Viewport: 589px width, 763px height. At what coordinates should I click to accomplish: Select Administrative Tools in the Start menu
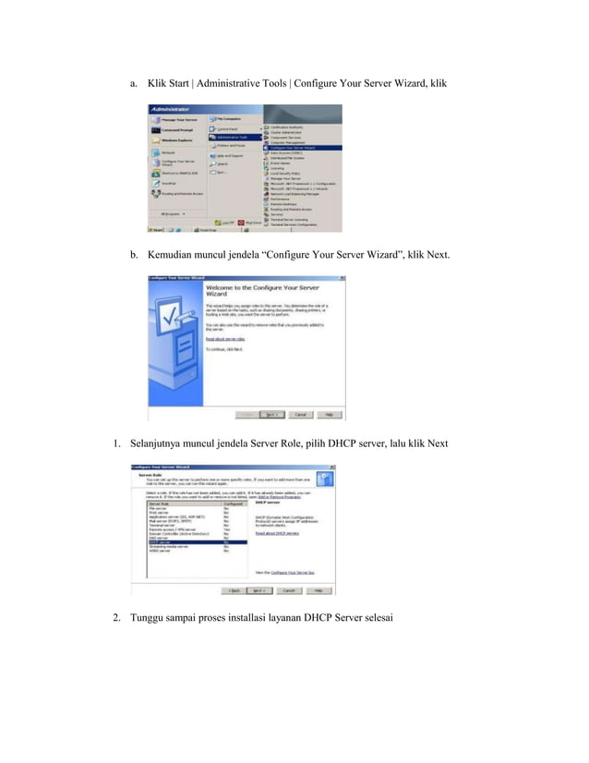[233, 137]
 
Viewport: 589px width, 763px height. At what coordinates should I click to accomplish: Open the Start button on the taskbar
[158, 228]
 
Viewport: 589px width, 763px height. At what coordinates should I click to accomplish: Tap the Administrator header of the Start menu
[171, 109]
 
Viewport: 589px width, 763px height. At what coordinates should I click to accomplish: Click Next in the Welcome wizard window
[272, 415]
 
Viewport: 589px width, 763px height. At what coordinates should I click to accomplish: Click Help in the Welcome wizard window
[330, 415]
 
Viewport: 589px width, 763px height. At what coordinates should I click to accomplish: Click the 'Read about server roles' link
[218, 338]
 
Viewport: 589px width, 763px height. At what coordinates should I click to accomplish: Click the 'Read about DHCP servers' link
[276, 533]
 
